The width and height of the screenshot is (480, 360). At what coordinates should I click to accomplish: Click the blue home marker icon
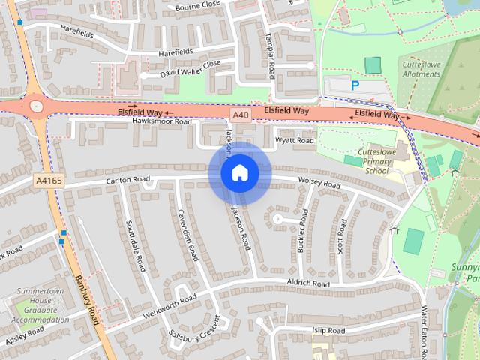(x=239, y=173)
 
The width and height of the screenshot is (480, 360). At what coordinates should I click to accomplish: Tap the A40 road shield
(x=240, y=115)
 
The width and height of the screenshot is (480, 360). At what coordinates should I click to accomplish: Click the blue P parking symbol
(x=355, y=85)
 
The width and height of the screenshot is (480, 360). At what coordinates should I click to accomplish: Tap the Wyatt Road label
(x=294, y=140)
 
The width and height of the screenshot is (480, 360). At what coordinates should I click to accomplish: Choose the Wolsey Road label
(x=319, y=184)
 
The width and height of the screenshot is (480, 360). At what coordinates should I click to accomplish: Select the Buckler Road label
(x=303, y=231)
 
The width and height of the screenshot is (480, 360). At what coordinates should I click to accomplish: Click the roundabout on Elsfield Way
(x=35, y=106)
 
